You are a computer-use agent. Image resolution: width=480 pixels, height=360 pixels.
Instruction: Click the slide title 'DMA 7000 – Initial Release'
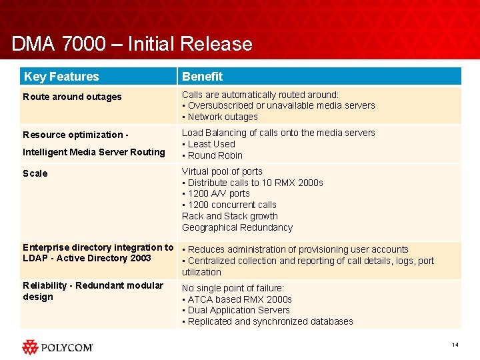(x=132, y=44)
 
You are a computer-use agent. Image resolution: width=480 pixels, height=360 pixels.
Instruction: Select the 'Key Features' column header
(x=61, y=77)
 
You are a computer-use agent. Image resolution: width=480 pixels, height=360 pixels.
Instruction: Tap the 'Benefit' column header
(x=202, y=77)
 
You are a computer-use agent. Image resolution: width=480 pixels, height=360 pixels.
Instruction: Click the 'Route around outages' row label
(x=72, y=97)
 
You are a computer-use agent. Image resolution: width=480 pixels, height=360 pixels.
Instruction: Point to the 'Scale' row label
(x=35, y=173)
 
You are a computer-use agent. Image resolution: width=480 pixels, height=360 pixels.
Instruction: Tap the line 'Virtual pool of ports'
(x=222, y=171)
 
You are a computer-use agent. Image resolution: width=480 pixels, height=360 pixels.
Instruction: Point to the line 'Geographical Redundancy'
(x=237, y=227)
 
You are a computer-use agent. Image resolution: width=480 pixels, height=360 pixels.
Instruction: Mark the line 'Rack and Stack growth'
(x=230, y=216)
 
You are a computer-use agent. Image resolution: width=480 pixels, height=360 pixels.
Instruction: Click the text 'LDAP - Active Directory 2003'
(x=87, y=258)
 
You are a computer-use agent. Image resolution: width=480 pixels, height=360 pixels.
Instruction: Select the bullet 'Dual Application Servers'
(x=236, y=310)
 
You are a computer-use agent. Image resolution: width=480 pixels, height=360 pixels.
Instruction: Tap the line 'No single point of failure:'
(x=233, y=288)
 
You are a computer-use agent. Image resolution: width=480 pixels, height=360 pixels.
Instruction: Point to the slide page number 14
(x=455, y=345)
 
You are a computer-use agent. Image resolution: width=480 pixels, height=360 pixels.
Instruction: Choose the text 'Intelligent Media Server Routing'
(x=94, y=152)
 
